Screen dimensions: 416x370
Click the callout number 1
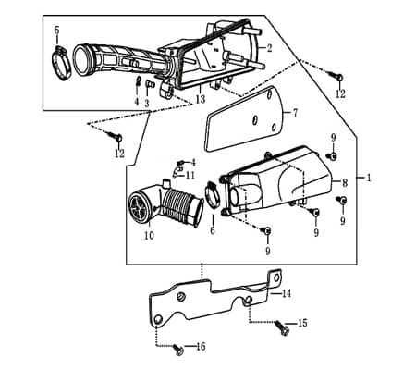point(368,178)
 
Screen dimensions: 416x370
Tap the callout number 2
point(269,48)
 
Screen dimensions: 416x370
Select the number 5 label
point(57,31)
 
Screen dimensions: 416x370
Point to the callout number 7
point(295,113)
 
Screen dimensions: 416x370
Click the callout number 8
point(345,183)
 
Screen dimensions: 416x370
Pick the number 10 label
point(149,236)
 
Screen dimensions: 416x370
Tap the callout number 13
point(201,99)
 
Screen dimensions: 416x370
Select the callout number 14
point(287,293)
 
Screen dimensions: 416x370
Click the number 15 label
point(302,323)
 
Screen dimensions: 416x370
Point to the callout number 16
point(201,347)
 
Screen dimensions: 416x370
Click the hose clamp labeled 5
point(62,63)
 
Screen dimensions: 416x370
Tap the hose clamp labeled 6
point(213,194)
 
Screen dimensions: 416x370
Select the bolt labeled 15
point(282,328)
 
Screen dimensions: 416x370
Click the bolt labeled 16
point(178,350)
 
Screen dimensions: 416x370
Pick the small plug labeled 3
point(148,84)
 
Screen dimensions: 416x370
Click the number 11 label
point(190,176)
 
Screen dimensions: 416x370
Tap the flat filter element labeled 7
point(243,118)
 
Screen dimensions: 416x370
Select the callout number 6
point(213,230)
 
